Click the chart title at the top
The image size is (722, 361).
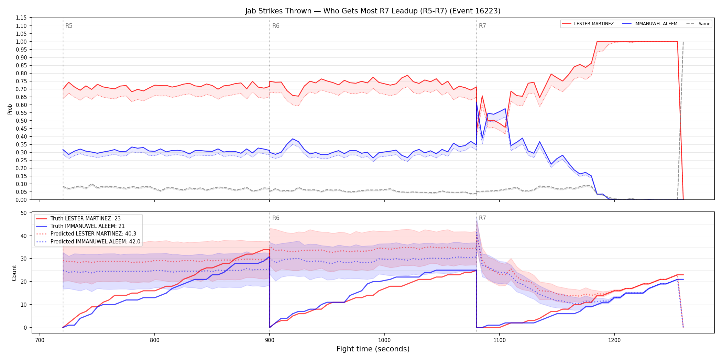point(373,11)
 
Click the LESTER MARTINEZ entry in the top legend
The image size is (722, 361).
point(594,24)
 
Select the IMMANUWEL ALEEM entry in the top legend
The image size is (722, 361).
point(656,24)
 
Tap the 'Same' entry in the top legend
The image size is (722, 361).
point(704,24)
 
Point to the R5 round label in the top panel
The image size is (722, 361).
point(69,26)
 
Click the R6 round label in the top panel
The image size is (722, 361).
point(276,26)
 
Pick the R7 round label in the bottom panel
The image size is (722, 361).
point(482,218)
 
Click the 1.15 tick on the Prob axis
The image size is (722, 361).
point(21,18)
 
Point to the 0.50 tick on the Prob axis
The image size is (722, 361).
point(21,121)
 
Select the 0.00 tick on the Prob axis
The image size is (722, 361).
point(21,200)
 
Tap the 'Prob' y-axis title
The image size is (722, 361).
point(10,109)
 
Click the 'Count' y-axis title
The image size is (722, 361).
point(14,273)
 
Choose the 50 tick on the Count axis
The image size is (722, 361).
point(24,213)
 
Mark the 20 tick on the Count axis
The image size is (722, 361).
point(24,282)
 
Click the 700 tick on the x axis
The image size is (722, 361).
point(40,340)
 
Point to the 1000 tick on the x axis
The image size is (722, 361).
point(384,340)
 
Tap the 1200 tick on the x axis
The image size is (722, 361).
point(614,340)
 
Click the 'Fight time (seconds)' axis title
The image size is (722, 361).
point(373,349)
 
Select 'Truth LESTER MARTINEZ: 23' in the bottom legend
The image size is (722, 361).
point(86,219)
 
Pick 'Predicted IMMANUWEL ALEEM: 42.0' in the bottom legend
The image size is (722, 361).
point(95,242)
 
